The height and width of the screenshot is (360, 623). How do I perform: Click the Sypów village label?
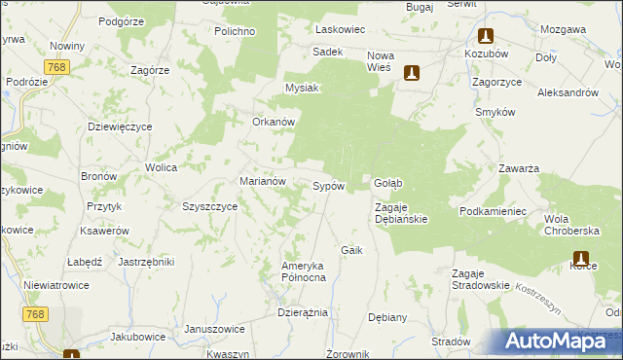[328, 186]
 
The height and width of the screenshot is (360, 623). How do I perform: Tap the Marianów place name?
[262, 181]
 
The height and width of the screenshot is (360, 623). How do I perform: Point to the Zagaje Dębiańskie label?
[402, 212]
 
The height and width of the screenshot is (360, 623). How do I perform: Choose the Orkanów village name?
[274, 122]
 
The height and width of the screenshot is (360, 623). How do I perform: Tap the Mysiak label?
[302, 88]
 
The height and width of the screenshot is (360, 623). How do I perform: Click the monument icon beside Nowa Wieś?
[412, 72]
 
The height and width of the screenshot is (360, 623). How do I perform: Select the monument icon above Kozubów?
[485, 36]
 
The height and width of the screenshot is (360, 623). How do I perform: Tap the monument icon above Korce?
[581, 259]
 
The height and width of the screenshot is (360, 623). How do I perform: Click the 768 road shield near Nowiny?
[55, 66]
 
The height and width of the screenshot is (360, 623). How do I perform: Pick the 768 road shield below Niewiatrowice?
[36, 313]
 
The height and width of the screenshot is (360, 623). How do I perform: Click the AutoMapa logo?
[557, 342]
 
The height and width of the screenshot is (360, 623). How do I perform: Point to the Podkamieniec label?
[494, 211]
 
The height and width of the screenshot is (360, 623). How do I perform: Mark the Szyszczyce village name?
[210, 206]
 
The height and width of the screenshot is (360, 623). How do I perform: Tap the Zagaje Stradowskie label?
[481, 279]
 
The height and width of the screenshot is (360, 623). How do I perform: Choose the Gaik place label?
[351, 250]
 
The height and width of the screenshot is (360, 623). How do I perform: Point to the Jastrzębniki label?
[145, 262]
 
